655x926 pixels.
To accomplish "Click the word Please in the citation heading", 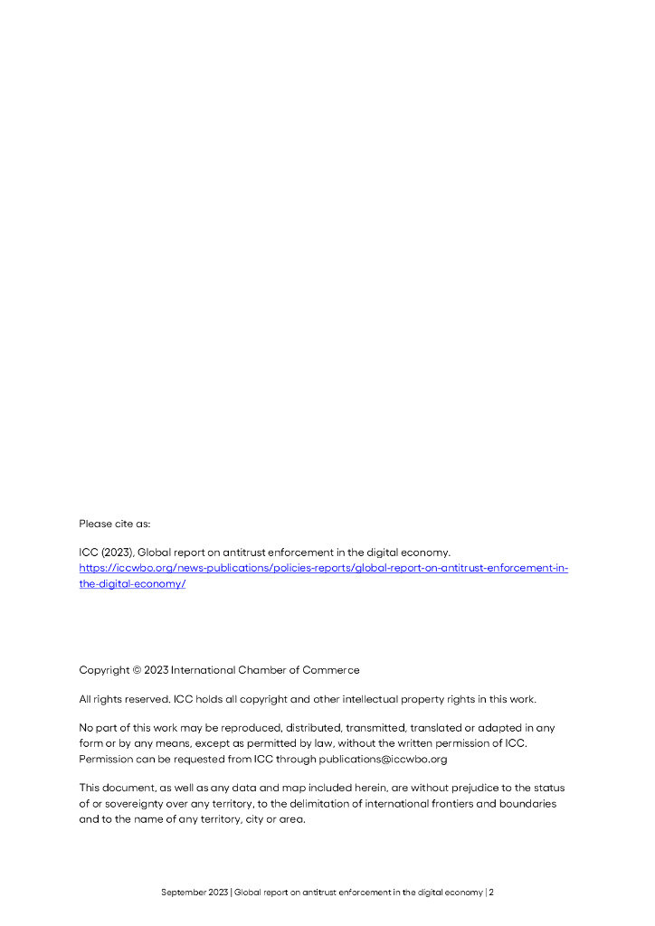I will (x=96, y=524).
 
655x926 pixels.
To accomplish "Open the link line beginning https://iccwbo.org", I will (x=323, y=568).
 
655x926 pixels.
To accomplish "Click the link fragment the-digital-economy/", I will (x=132, y=584).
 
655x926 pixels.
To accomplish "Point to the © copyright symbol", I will (x=137, y=670).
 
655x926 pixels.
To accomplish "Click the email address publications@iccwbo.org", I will (x=382, y=760).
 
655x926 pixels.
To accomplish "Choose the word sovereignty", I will (x=128, y=804).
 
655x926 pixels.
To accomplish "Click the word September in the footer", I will (x=184, y=893).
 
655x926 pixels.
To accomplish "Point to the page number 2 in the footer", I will (x=491, y=893).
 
